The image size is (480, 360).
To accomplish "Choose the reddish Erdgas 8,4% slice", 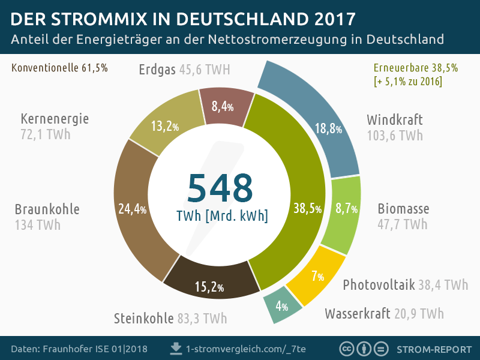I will click(x=224, y=106).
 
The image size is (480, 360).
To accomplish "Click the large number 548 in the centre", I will click(x=220, y=188).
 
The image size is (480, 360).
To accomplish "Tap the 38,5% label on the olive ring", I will click(x=307, y=209).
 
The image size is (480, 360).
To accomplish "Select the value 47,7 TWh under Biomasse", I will click(x=402, y=224).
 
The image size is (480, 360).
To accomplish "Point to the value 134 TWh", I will click(x=37, y=225).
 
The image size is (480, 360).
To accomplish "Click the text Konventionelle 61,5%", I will click(x=59, y=68).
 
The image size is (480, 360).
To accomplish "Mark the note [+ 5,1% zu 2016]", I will click(x=407, y=81).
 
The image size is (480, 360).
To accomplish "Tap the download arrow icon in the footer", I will click(x=176, y=348).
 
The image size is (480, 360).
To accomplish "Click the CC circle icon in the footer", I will click(x=346, y=349).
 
